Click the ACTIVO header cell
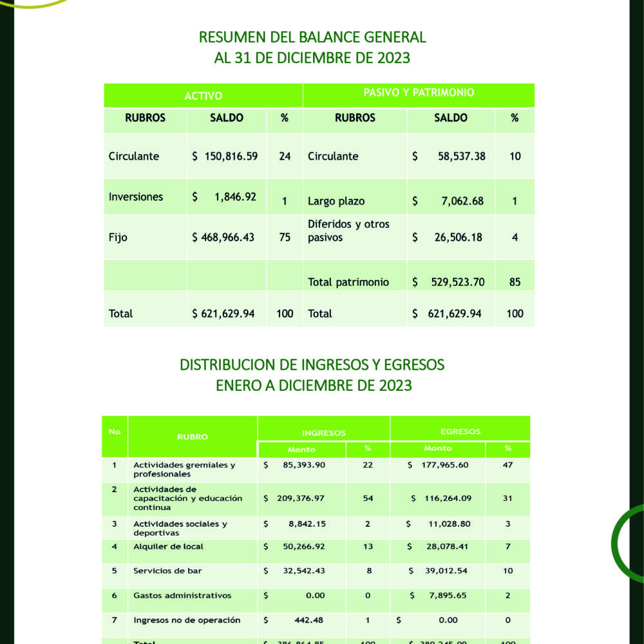point(204,96)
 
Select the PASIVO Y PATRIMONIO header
point(419,93)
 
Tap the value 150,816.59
point(230,156)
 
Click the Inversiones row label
point(136,197)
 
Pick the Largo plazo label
point(336,202)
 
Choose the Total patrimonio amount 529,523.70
point(456,282)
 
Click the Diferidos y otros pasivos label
point(348,231)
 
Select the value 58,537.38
point(462,156)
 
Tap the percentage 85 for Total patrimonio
point(515,282)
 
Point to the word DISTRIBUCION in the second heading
point(227,365)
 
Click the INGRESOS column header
point(324,433)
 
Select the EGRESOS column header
point(460,431)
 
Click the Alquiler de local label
point(168,547)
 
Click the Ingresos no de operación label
point(187,620)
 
